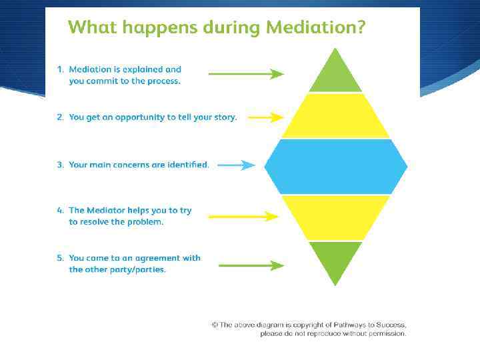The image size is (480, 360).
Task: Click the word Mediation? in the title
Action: point(315,28)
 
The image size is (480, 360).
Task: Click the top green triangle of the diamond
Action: point(335,75)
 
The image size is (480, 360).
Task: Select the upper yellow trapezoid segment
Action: point(335,116)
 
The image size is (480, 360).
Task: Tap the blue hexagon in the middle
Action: point(335,166)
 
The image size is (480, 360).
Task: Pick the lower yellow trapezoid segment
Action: point(335,217)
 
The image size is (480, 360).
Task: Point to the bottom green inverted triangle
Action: point(335,259)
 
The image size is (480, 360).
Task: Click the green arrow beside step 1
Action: point(246,74)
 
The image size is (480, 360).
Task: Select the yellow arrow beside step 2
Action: point(265,117)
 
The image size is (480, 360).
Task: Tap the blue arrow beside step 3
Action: point(236,165)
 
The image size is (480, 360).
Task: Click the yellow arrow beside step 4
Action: point(243,216)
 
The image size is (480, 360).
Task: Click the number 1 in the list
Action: point(59,69)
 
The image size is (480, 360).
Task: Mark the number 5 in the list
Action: point(59,258)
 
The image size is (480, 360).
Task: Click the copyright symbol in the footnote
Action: point(215,325)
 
